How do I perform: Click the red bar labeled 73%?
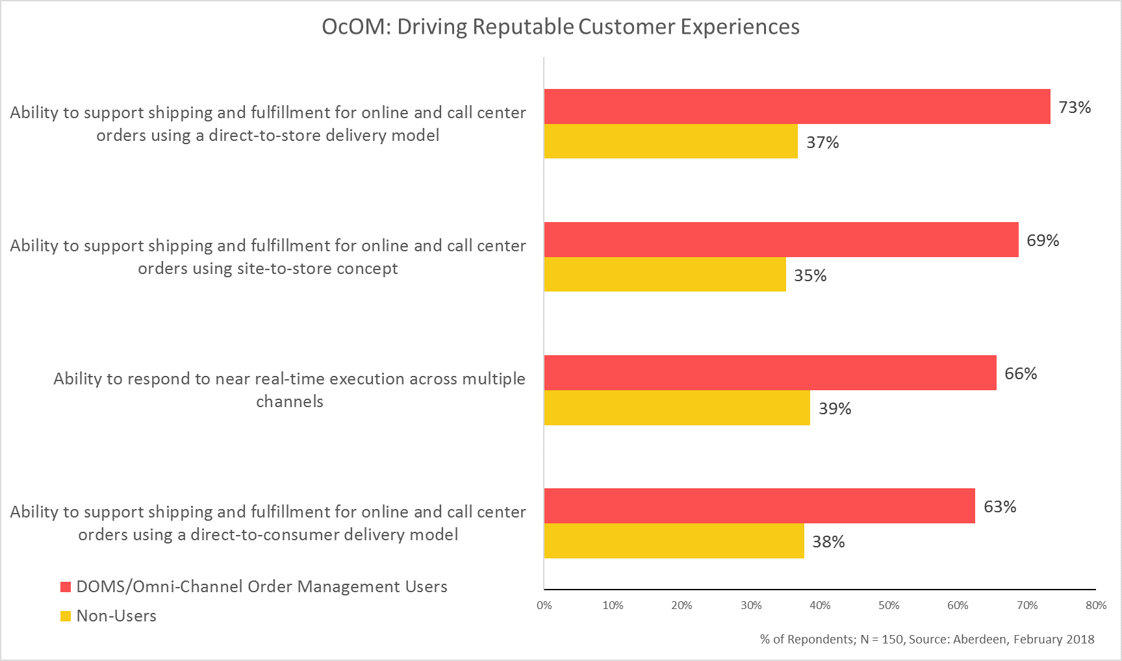point(797,106)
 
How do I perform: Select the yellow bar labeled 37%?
point(670,142)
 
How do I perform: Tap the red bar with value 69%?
point(781,240)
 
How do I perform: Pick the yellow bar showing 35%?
point(665,275)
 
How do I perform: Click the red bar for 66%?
point(770,373)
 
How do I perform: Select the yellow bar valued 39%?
point(677,408)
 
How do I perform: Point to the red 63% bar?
point(759,506)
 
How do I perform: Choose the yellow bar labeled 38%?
point(674,541)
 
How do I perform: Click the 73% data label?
point(1075,107)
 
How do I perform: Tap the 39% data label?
point(835,408)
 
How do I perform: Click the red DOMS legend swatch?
point(66,587)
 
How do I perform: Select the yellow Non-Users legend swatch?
point(66,616)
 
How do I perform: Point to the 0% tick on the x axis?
point(544,605)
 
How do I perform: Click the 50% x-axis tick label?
point(889,605)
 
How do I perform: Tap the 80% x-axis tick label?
point(1096,605)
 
